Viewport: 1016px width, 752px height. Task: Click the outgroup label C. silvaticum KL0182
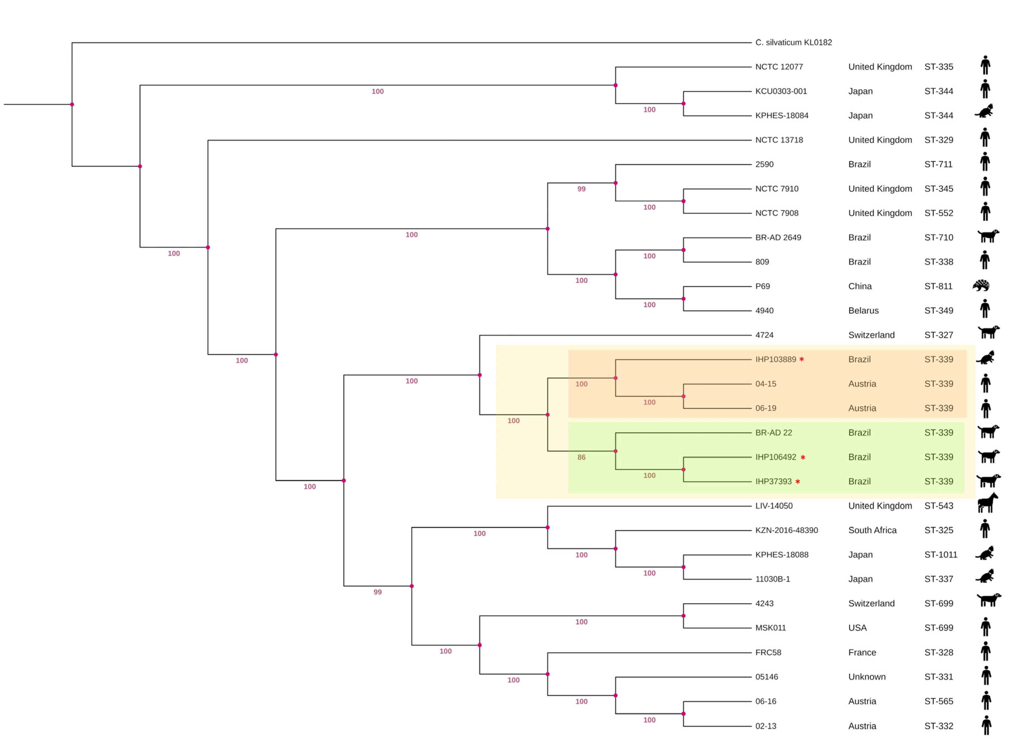793,42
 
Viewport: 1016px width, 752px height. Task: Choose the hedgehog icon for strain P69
981,285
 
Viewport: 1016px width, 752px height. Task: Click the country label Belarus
863,311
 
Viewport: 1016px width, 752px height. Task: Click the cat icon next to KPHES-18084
984,111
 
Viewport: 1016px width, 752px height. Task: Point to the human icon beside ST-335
985,65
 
